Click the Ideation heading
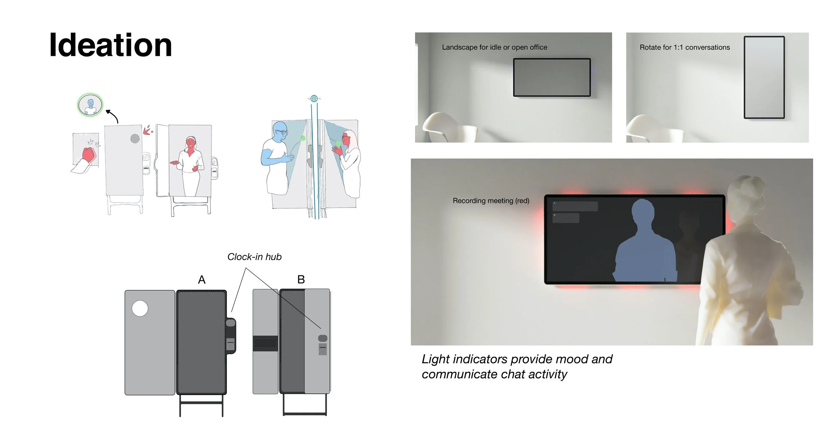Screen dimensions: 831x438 click(110, 45)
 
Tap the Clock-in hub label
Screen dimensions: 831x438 click(254, 257)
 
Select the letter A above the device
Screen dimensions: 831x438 click(202, 280)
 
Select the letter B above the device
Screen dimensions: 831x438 click(301, 279)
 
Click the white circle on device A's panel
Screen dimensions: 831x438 click(140, 308)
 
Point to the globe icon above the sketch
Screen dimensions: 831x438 click(314, 98)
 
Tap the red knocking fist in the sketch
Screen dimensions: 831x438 click(89, 154)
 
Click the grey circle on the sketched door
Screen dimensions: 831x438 click(135, 138)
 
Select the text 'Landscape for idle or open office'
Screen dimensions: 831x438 click(494, 47)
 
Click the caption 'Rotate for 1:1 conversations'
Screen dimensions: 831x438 click(685, 47)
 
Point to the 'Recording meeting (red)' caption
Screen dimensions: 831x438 click(491, 201)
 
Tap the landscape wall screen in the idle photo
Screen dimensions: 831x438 click(552, 77)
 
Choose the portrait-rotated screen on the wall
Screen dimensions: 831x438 click(764, 77)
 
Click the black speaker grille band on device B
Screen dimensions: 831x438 click(265, 343)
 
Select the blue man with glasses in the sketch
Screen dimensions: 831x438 click(276, 158)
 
